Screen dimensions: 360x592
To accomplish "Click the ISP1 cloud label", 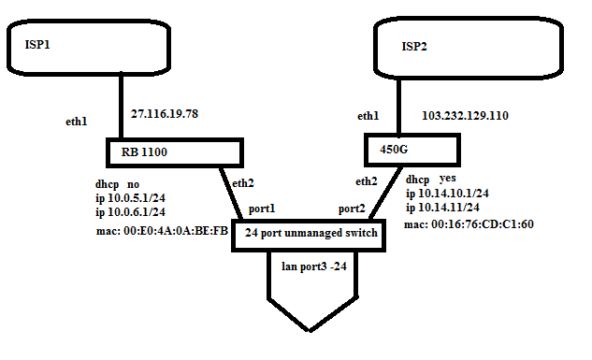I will click(x=36, y=43).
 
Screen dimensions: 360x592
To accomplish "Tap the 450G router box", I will click(x=411, y=149).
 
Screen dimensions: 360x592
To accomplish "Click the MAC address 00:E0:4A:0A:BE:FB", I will click(x=162, y=231).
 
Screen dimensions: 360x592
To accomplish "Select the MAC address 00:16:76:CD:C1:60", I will click(x=469, y=224).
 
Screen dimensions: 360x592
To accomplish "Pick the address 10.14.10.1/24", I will click(x=448, y=193).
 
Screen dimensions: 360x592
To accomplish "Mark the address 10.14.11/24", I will click(x=443, y=207).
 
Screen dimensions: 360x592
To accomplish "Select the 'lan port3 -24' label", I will click(x=314, y=266).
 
